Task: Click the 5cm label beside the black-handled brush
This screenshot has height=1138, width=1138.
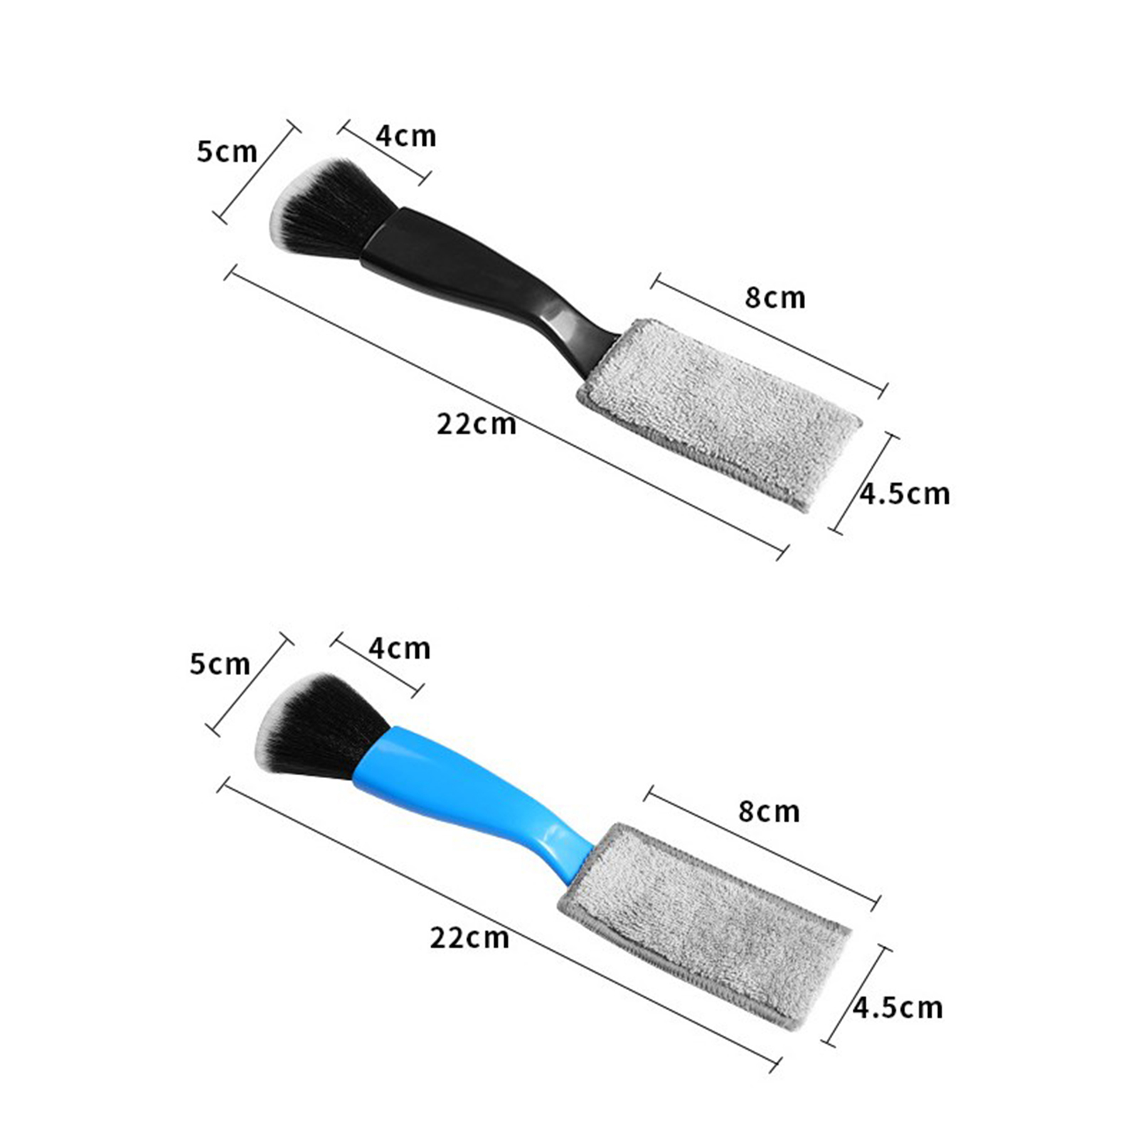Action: pos(227,151)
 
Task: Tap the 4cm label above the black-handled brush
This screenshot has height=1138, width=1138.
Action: pos(406,136)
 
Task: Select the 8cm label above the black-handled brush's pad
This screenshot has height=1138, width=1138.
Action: pos(775,297)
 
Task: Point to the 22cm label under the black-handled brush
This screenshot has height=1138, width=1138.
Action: pos(477,424)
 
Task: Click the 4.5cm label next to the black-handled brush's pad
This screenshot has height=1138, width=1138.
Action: pos(905,494)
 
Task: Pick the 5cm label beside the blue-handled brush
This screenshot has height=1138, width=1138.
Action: pos(220,664)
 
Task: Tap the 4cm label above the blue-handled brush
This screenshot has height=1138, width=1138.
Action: pos(400,648)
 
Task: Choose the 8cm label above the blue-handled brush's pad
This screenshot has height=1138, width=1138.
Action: pos(769,812)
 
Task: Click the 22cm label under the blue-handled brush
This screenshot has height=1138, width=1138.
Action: pos(469,937)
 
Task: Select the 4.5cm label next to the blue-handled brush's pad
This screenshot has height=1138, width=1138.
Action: pos(898,1007)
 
